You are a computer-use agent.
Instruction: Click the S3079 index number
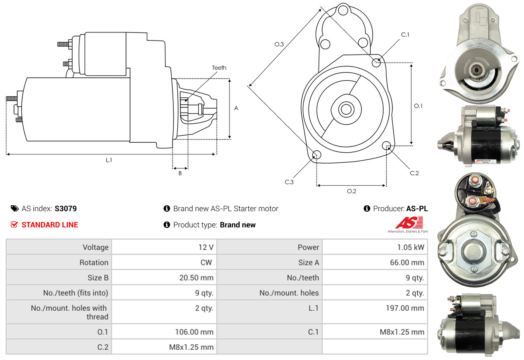tap(65, 208)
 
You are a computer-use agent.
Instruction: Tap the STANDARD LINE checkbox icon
tap(14, 225)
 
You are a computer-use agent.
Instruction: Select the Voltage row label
tap(95, 247)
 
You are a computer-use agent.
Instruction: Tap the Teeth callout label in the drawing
tap(219, 68)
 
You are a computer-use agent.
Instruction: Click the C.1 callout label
tap(405, 34)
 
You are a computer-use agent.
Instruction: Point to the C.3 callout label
tap(289, 182)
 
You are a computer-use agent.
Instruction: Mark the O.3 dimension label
tap(279, 44)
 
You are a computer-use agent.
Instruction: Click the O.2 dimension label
tap(351, 191)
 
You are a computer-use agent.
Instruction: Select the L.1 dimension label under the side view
tap(109, 160)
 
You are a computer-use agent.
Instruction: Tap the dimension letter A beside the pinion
tap(236, 108)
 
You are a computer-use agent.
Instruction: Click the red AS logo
tap(409, 222)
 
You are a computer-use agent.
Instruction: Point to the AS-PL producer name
tap(417, 208)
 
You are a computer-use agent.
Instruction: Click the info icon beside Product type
tap(167, 225)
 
